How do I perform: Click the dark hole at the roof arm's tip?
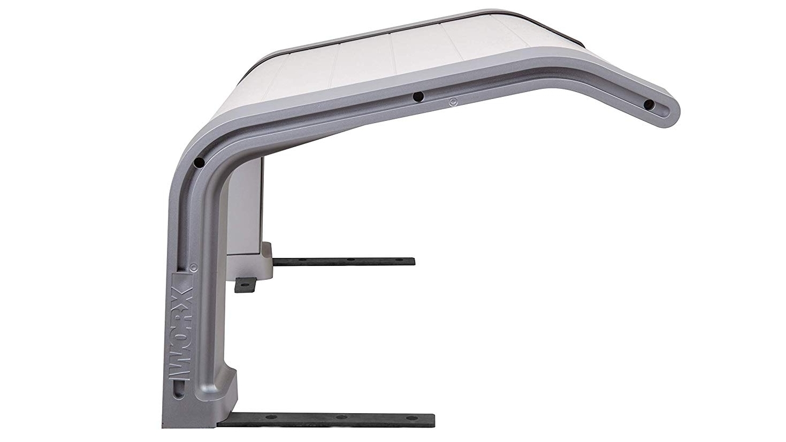tap(649, 104)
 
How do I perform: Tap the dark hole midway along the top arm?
tap(418, 96)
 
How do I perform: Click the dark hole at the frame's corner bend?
tap(199, 163)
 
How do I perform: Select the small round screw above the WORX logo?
tap(192, 268)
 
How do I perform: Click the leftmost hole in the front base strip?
tap(271, 417)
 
